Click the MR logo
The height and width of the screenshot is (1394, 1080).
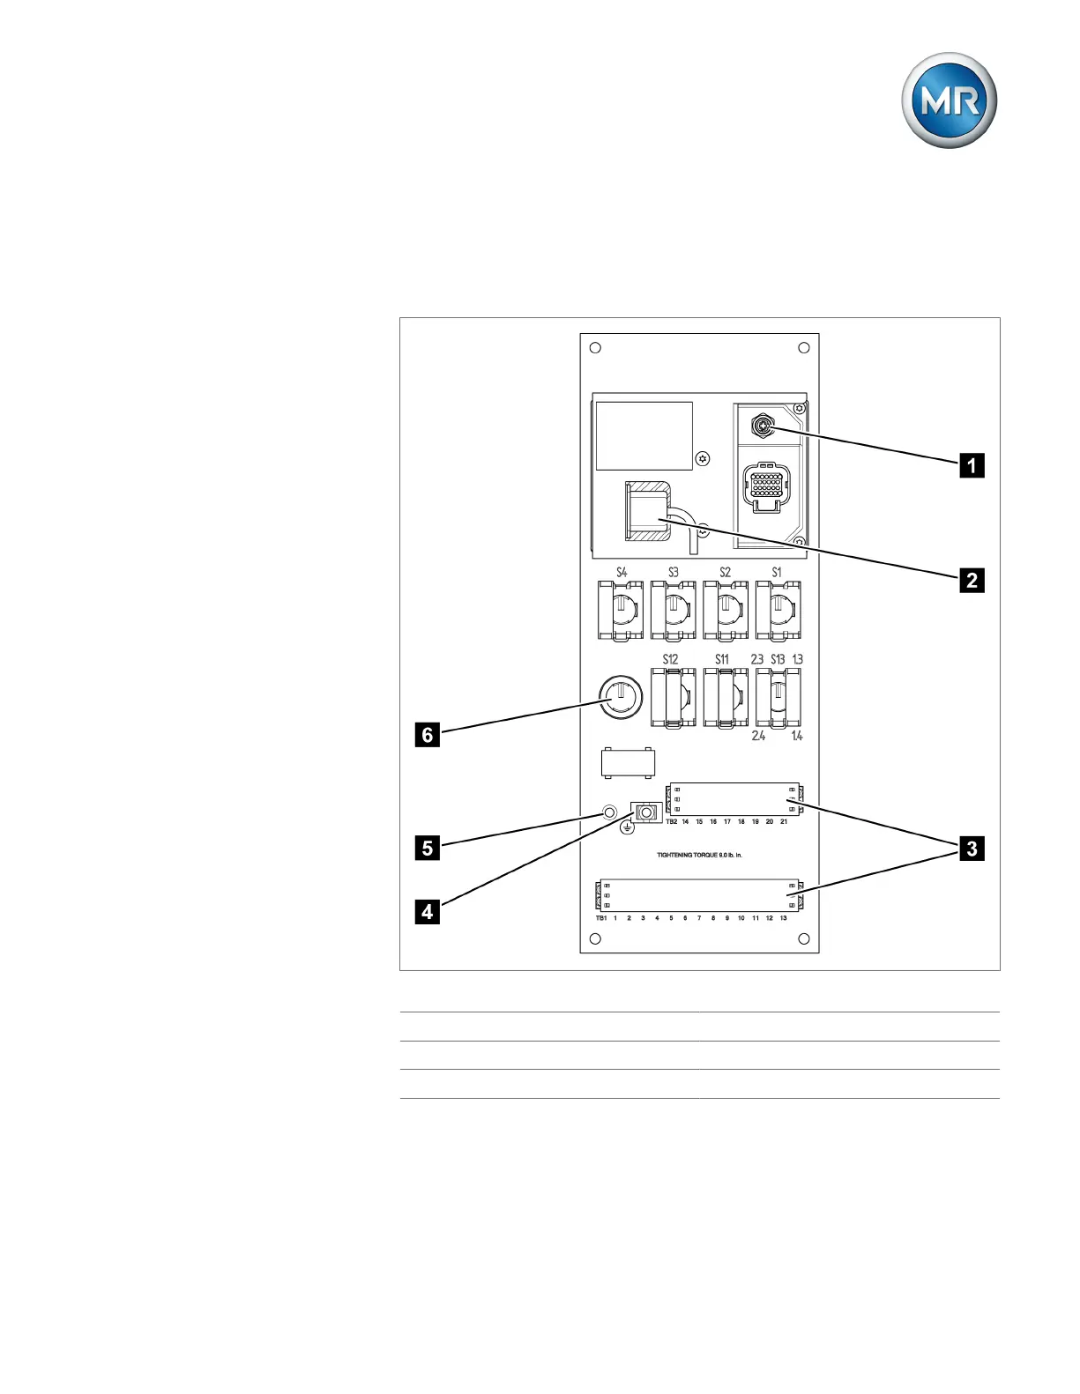click(949, 100)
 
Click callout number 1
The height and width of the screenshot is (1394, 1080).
click(972, 464)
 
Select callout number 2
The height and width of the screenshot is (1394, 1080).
click(972, 580)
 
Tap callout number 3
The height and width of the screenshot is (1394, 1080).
click(972, 849)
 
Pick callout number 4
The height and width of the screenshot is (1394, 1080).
click(428, 911)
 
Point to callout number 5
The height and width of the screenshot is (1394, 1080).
click(428, 848)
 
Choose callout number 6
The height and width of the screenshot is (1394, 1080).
click(428, 734)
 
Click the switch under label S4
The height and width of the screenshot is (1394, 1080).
click(621, 610)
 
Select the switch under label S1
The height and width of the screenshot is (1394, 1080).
click(778, 610)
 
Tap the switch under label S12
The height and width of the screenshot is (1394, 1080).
click(673, 697)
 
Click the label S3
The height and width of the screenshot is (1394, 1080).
click(674, 572)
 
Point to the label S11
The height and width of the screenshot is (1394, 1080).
click(722, 659)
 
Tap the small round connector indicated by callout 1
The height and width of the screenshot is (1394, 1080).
click(761, 428)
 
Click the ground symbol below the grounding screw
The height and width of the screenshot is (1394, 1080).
click(628, 827)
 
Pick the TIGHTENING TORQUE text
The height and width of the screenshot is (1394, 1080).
click(699, 855)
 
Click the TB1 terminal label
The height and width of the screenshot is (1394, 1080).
click(600, 918)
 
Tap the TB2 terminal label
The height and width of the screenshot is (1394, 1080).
click(672, 821)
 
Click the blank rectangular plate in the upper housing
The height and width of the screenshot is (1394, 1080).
click(644, 436)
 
